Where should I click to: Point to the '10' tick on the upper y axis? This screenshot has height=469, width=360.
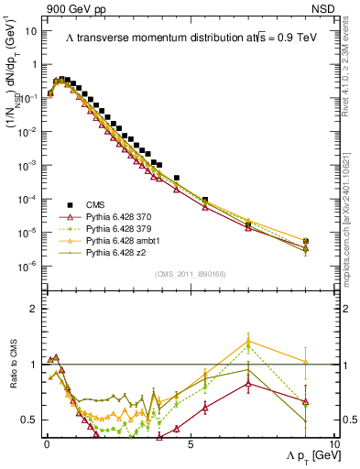coord(29,30)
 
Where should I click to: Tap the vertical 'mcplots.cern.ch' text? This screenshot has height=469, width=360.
coord(351,183)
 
